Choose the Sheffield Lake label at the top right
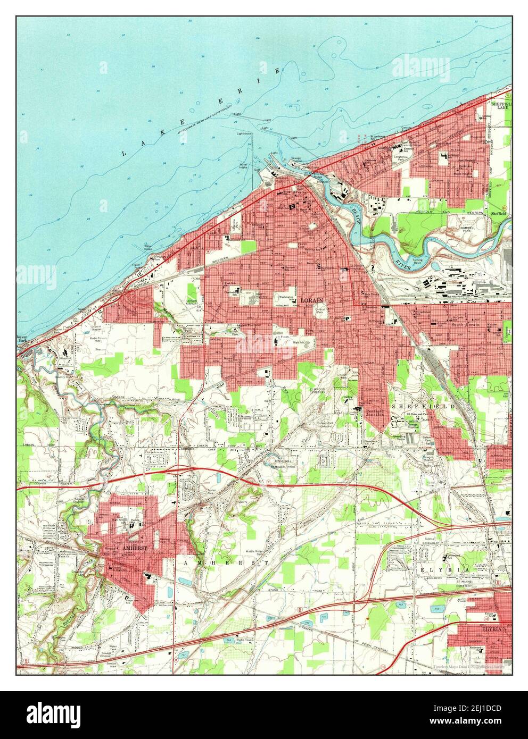(x=501, y=106)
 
